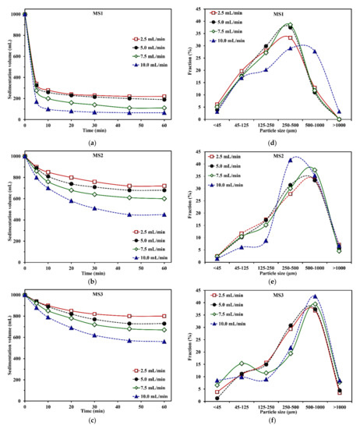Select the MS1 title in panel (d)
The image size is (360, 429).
pos(277,13)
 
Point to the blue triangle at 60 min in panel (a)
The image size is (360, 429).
pos(164,112)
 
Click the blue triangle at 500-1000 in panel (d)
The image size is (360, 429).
pos(315,51)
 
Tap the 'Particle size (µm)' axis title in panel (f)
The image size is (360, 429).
pos(277,411)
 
